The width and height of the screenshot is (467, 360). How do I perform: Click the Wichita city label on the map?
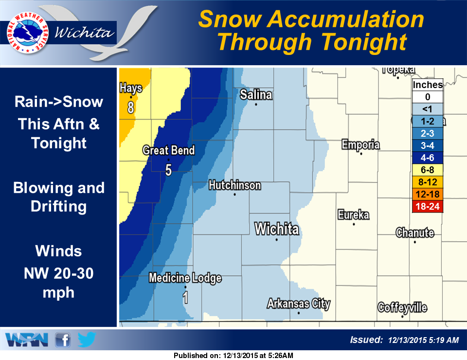[x=277, y=229]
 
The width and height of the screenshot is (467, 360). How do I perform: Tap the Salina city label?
[x=256, y=95]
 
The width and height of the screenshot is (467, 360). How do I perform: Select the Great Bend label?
[x=168, y=150]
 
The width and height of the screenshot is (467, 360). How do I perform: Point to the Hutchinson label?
[x=234, y=185]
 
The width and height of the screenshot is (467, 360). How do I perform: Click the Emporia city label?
[x=360, y=144]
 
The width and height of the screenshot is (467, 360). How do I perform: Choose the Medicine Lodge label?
[x=185, y=278]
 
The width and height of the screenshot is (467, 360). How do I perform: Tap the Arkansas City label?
[x=298, y=304]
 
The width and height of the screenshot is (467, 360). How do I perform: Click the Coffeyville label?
[x=402, y=307]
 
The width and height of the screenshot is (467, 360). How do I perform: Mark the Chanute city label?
[x=414, y=233]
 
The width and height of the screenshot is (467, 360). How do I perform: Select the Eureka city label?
[x=354, y=215]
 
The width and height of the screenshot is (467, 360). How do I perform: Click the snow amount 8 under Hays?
[x=130, y=108]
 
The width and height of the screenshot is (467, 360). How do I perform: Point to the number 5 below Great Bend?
[x=168, y=170]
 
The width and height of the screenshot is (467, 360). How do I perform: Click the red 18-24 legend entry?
[x=427, y=206]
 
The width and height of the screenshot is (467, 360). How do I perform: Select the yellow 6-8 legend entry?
[x=427, y=170]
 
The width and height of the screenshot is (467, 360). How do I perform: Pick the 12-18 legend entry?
[x=427, y=194]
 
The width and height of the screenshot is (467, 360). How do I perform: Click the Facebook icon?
[x=62, y=340]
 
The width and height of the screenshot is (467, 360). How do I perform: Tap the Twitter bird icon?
[x=87, y=339]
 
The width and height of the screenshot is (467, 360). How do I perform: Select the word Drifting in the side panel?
[x=58, y=206]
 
